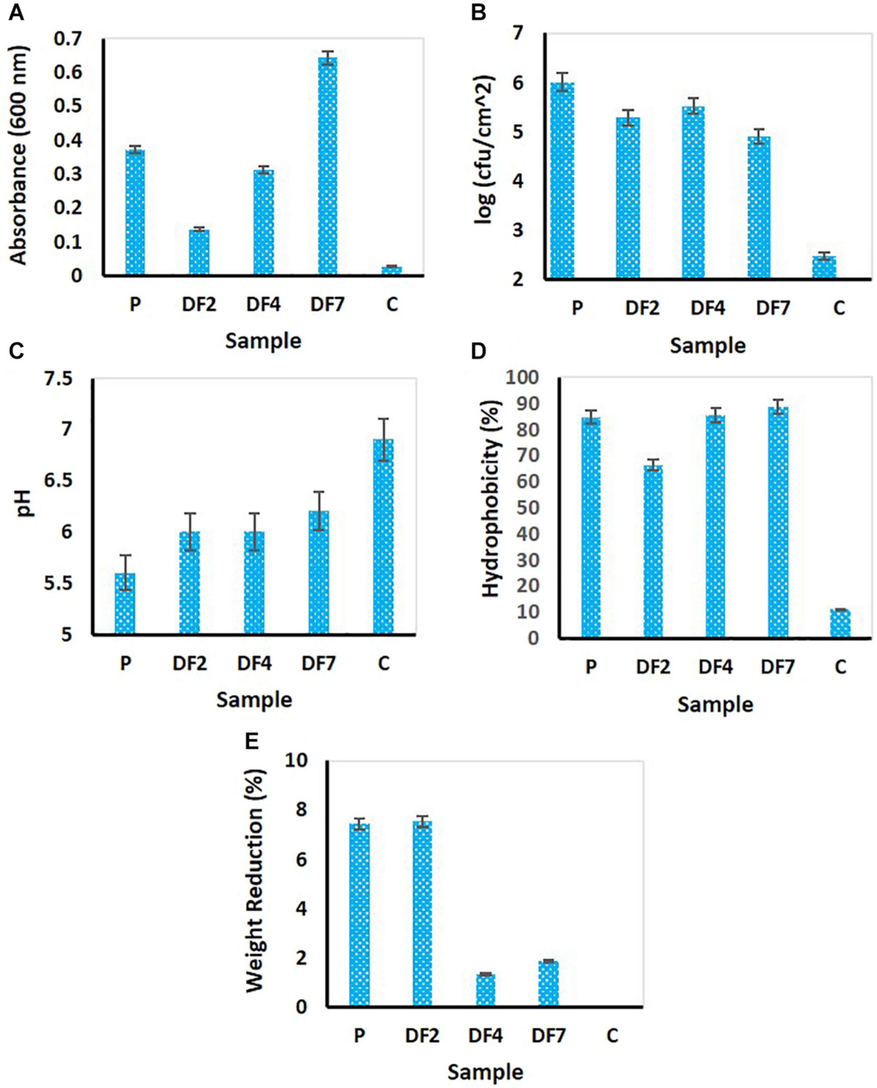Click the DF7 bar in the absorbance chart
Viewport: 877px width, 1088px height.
click(x=328, y=167)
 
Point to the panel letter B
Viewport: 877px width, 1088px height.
click(x=479, y=12)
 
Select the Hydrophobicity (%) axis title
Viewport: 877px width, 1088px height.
click(x=489, y=498)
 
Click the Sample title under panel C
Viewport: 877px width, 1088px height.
click(x=254, y=700)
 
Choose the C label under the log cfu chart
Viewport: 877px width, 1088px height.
click(x=839, y=308)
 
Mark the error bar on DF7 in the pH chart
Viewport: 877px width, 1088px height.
click(x=318, y=510)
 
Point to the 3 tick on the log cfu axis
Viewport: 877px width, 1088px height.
click(x=530, y=230)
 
